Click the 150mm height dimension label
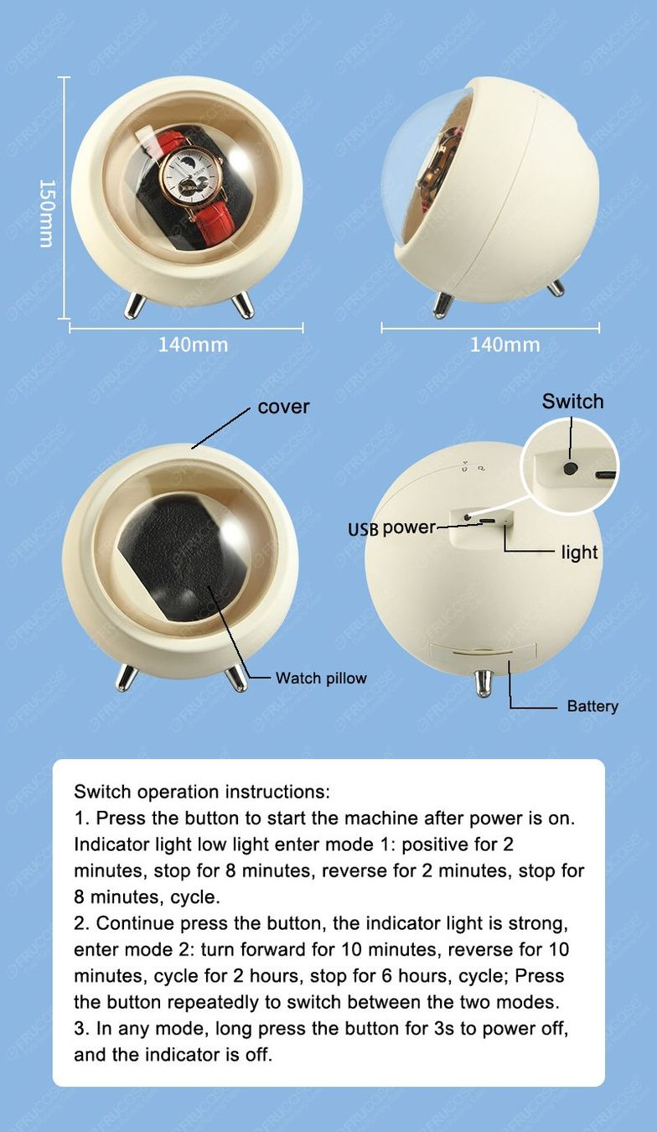click(x=46, y=213)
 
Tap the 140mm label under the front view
click(x=193, y=345)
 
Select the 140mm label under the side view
click(x=505, y=345)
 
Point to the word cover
click(x=283, y=407)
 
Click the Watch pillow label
click(x=321, y=678)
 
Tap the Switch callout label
click(x=572, y=402)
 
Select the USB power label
click(x=391, y=528)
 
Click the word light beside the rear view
click(x=579, y=553)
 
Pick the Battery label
click(x=592, y=706)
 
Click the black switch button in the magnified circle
click(x=570, y=469)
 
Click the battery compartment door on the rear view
click(x=483, y=652)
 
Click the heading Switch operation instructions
click(x=201, y=792)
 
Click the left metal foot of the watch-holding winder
click(x=135, y=306)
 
